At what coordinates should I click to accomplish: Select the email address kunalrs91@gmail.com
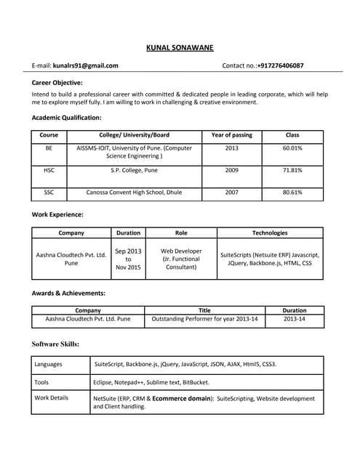85,65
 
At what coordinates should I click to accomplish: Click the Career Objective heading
57,83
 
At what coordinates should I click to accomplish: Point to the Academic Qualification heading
67,117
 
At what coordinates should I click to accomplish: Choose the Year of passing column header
231,135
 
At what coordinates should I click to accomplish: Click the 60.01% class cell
292,148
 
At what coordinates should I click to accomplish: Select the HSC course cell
49,170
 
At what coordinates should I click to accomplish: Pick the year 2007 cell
231,193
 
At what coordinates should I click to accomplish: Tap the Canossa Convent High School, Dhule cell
134,193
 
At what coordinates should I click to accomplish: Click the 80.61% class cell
292,193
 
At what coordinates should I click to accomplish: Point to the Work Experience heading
57,214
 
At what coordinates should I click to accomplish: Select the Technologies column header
270,233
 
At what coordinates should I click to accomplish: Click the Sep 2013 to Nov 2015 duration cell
128,259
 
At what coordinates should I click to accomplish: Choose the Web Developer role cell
181,259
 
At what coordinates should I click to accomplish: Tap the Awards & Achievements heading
69,293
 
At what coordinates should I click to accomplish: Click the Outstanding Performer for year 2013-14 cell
204,318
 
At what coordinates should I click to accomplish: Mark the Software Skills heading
56,344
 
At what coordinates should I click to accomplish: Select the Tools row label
41,381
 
